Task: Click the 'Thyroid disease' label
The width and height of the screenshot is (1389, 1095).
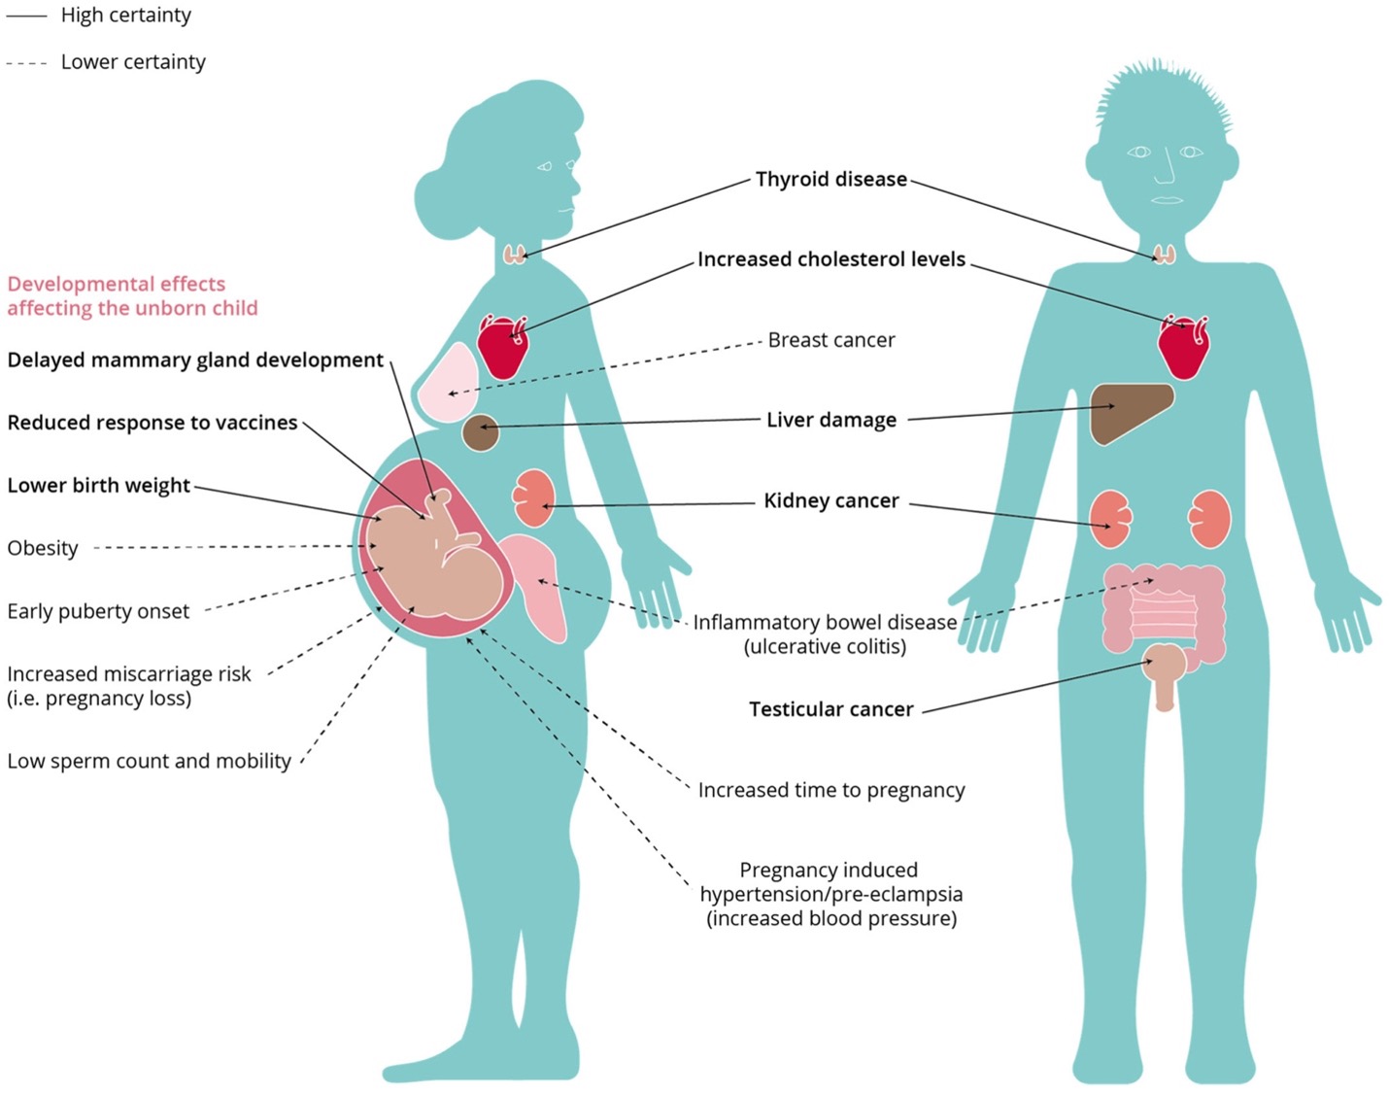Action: pyautogui.click(x=830, y=180)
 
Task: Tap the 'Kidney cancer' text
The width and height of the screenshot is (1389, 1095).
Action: pyautogui.click(x=830, y=501)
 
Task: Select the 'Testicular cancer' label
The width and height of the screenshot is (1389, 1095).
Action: pyautogui.click(x=830, y=710)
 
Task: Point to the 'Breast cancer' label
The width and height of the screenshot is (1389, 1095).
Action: pyautogui.click(x=830, y=341)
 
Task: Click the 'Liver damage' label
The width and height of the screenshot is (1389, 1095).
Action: pyautogui.click(x=830, y=421)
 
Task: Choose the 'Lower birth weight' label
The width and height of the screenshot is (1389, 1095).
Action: pyautogui.click(x=98, y=486)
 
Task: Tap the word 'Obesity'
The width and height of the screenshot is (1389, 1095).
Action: pyautogui.click(x=43, y=549)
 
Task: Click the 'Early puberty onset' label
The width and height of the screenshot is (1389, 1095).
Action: pyautogui.click(x=98, y=612)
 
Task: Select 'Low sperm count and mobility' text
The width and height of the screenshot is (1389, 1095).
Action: pyautogui.click(x=149, y=762)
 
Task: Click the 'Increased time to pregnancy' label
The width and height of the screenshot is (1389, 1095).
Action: pyautogui.click(x=830, y=791)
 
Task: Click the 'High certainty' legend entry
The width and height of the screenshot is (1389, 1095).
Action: pyautogui.click(x=125, y=16)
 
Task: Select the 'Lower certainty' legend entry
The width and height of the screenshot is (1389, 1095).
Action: pyautogui.click(x=133, y=62)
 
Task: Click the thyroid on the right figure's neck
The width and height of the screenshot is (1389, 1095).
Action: pyautogui.click(x=1164, y=255)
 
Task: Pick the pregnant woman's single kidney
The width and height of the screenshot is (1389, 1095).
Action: pyautogui.click(x=532, y=497)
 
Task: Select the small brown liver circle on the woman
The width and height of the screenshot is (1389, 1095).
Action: pyautogui.click(x=480, y=432)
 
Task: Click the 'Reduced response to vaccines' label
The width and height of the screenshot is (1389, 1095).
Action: pyautogui.click(x=152, y=424)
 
